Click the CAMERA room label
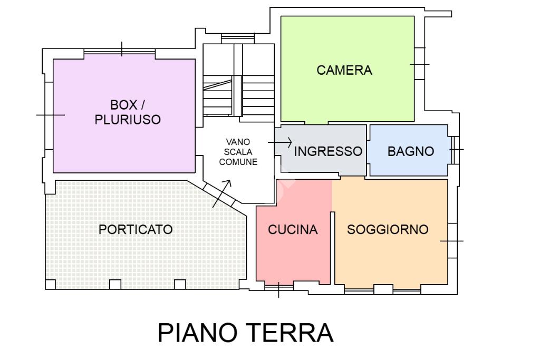click(344, 70)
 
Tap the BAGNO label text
click(411, 152)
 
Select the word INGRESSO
click(328, 152)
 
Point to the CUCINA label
click(293, 230)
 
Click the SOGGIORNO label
click(388, 230)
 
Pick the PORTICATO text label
click(136, 230)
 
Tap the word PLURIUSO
click(128, 120)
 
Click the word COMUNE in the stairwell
click(238, 162)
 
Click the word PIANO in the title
click(197, 333)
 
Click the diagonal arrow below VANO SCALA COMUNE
click(221, 193)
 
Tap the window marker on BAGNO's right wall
click(456, 149)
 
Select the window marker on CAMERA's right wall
click(420, 64)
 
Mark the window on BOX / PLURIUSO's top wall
click(121, 50)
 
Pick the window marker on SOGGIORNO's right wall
click(452, 241)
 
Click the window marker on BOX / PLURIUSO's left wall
click(49, 115)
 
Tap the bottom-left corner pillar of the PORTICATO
click(50, 285)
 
